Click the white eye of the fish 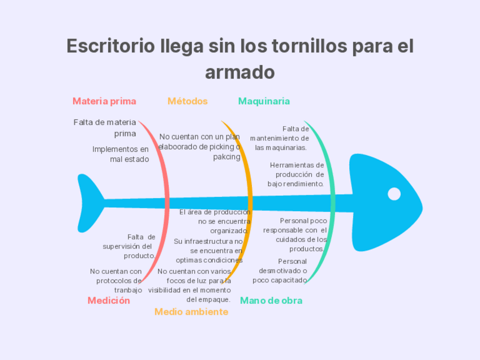[x=394, y=194]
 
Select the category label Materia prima [x=104, y=101]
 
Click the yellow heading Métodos [x=187, y=101]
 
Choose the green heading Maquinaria [x=264, y=101]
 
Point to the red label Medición [x=109, y=301]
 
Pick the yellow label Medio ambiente [x=191, y=312]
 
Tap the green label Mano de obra [x=271, y=301]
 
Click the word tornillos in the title [x=310, y=46]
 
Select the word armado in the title [x=239, y=72]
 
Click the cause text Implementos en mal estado [x=121, y=154]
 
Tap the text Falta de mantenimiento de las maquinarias [x=280, y=138]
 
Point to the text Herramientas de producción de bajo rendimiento [x=297, y=174]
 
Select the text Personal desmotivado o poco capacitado [x=280, y=271]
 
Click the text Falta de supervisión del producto [x=130, y=246]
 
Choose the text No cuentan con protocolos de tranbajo [x=117, y=281]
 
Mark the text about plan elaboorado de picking [x=200, y=147]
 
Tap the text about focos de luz [x=191, y=285]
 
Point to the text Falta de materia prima [x=106, y=127]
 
